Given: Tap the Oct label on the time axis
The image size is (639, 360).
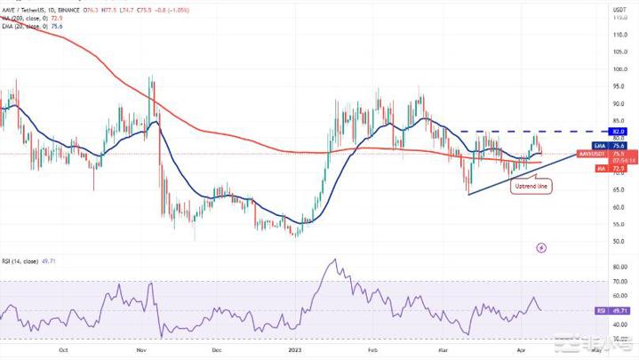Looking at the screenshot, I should [x=63, y=350].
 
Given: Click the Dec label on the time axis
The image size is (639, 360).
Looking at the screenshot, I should [x=217, y=350].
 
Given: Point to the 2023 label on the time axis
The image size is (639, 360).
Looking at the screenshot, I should [x=294, y=350].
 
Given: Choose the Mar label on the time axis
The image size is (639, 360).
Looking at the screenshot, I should [x=442, y=350].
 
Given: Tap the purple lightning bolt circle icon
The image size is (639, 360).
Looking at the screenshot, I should [x=542, y=248].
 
